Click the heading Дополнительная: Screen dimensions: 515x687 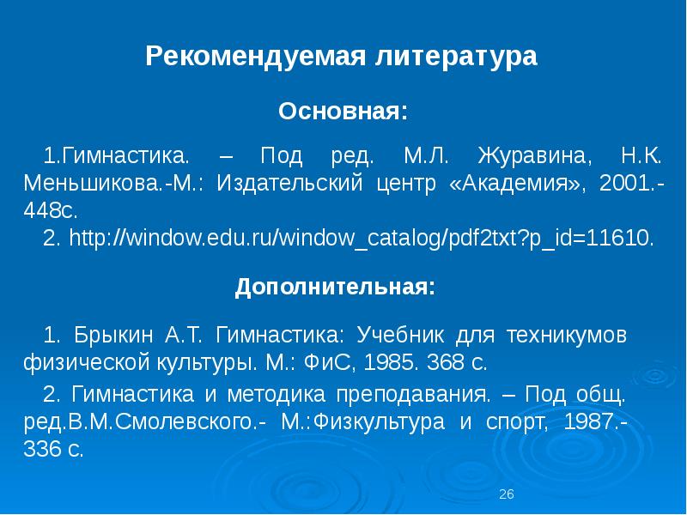coord(336,288)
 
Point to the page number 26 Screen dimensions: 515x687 coord(506,494)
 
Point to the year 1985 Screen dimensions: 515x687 coord(391,361)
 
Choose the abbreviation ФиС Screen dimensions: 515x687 coord(326,361)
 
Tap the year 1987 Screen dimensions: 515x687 coord(596,422)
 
